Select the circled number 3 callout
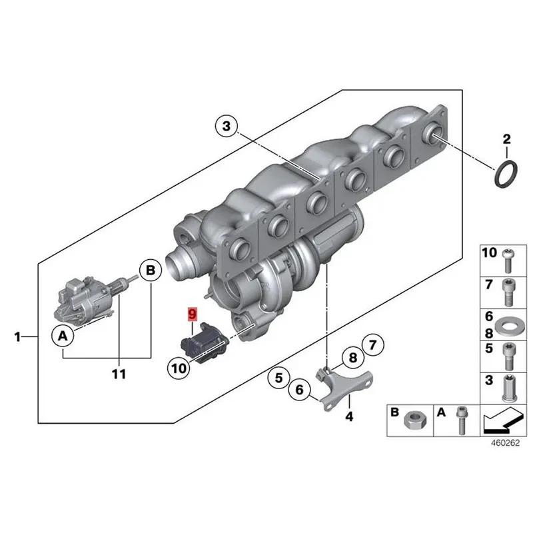click(x=227, y=126)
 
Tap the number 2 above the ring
click(x=506, y=139)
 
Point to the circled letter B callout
click(x=150, y=270)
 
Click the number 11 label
click(x=119, y=375)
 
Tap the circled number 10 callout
click(x=179, y=366)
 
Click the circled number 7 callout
click(x=372, y=345)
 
